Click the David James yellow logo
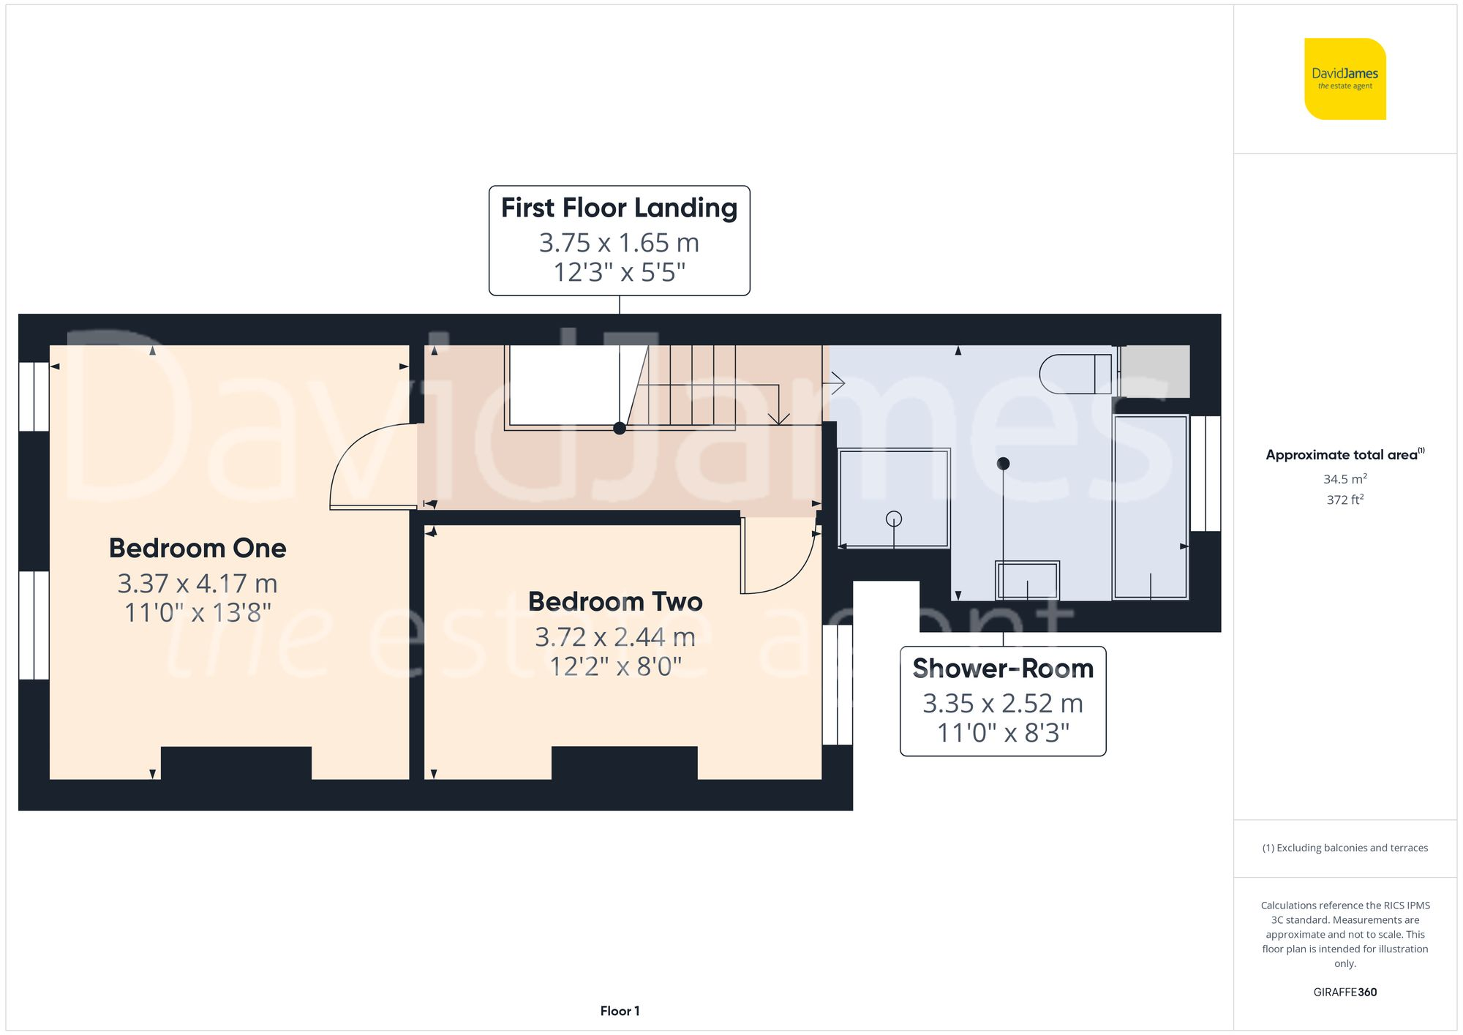coord(1344,79)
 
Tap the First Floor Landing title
coord(619,208)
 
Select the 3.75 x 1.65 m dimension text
coord(619,243)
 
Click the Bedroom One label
coord(198,548)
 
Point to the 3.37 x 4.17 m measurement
coord(198,584)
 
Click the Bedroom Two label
coord(615,601)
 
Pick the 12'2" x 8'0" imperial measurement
coord(615,666)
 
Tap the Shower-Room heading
coord(1002,669)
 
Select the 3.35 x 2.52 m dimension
coord(1002,704)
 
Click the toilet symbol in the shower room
coord(1075,374)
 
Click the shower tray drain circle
coord(893,519)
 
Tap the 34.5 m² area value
coord(1344,479)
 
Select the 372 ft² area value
coord(1344,500)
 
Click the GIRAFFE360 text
coord(1344,992)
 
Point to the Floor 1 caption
coord(620,1011)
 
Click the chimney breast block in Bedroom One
coord(236,762)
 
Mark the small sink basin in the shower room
coord(1026,580)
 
